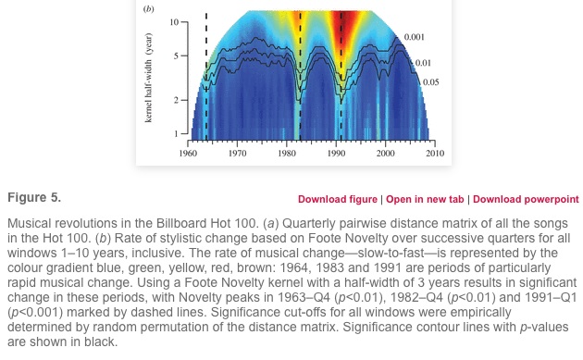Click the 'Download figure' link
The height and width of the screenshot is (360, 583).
click(x=338, y=199)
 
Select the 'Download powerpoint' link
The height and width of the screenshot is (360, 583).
click(x=526, y=199)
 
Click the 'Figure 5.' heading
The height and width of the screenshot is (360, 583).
click(x=34, y=198)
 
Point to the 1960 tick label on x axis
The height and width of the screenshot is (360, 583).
click(x=189, y=154)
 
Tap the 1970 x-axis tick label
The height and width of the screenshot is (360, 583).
click(x=238, y=154)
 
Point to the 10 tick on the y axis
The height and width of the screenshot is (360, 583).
click(x=174, y=19)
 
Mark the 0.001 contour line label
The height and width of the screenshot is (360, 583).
click(x=414, y=37)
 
